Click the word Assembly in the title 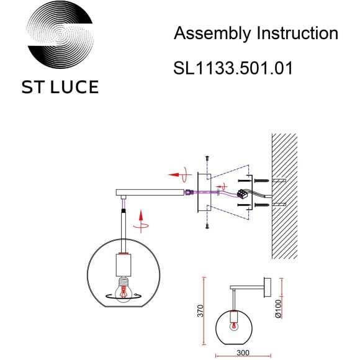coord(208,34)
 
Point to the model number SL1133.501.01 coord(233,68)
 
